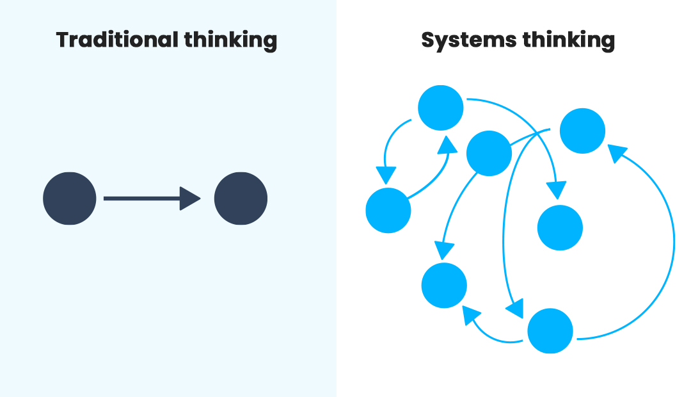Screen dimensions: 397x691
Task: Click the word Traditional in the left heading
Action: tap(117, 40)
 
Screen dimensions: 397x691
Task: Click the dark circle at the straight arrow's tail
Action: tap(70, 199)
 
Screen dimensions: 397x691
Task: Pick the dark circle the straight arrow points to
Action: tap(241, 199)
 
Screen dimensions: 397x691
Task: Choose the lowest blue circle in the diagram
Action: tap(550, 330)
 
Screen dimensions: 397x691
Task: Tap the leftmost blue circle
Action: tap(388, 210)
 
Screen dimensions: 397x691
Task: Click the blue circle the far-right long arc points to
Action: tap(582, 131)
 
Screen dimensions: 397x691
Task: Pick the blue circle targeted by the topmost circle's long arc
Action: tap(560, 228)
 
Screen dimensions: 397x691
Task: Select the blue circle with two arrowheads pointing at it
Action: tap(444, 285)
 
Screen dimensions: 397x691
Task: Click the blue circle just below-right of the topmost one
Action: tap(489, 153)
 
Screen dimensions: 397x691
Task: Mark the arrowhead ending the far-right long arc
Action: tap(616, 153)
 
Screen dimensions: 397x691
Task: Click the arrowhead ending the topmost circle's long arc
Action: tap(557, 190)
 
